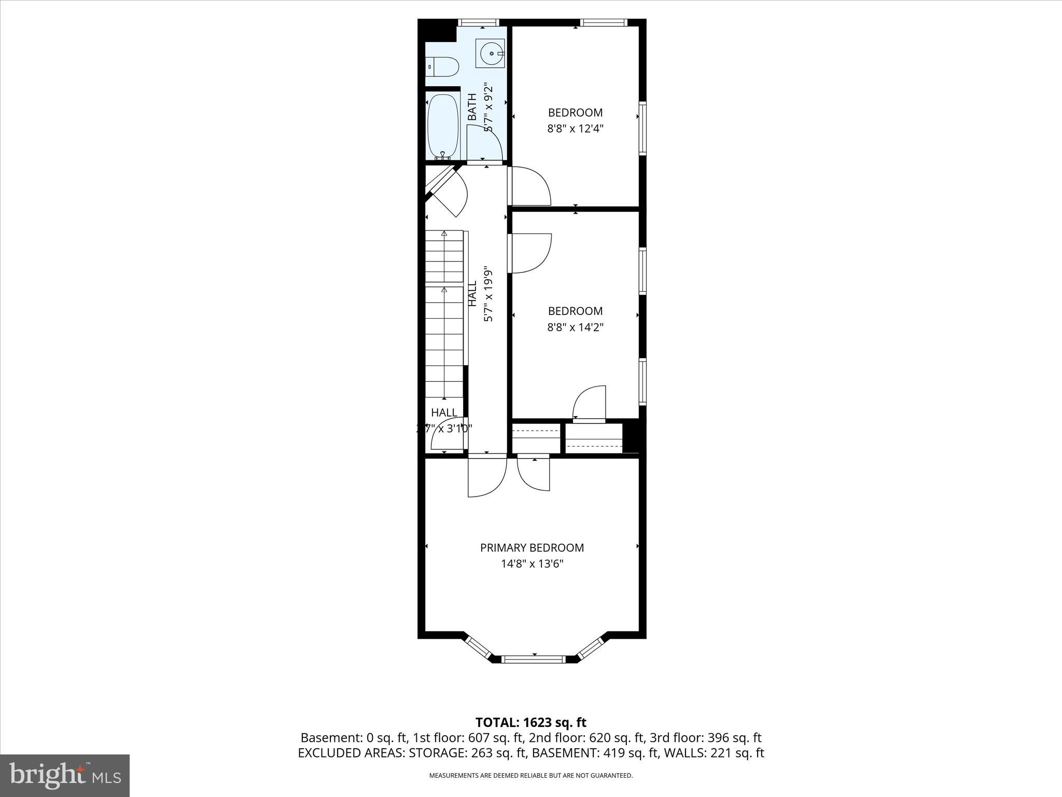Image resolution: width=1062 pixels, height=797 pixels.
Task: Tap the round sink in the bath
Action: tap(490, 53)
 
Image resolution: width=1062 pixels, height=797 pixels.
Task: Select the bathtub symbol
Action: tap(443, 126)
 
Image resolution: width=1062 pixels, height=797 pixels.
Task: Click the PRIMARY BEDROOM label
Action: tap(532, 548)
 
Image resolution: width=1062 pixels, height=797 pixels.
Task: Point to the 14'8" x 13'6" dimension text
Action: tap(532, 564)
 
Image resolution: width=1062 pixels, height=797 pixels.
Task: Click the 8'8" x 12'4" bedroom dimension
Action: tap(575, 129)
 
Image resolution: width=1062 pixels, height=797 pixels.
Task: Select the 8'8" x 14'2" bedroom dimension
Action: tap(575, 327)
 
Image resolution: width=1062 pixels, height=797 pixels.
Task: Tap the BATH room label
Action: tap(472, 107)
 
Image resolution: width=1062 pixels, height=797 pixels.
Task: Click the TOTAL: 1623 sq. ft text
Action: tap(530, 722)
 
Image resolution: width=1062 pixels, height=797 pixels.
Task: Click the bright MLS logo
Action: tap(65, 775)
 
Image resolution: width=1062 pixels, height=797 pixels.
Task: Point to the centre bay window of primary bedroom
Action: tap(533, 659)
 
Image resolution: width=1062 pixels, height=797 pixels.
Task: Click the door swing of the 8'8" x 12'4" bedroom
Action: tap(530, 186)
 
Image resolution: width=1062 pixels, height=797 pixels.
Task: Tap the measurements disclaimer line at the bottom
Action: tap(530, 776)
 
